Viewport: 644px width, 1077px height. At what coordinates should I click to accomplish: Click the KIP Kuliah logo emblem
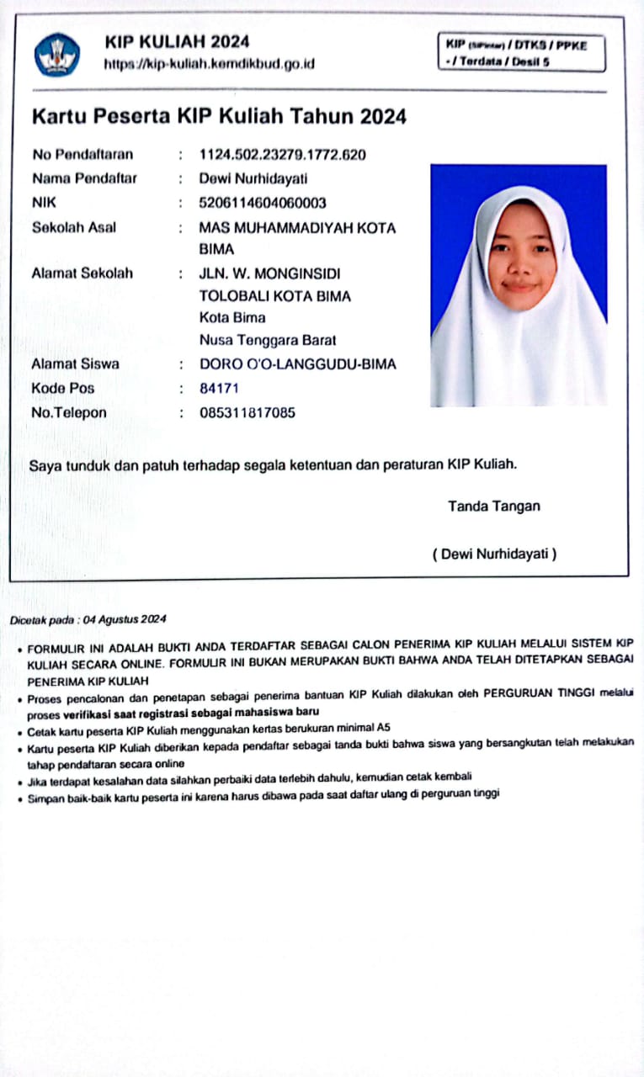click(57, 55)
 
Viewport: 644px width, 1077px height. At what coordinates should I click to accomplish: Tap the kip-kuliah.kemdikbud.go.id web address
click(209, 64)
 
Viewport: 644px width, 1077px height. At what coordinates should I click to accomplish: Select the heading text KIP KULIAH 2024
click(177, 41)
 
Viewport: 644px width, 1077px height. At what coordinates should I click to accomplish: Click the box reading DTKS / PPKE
click(521, 52)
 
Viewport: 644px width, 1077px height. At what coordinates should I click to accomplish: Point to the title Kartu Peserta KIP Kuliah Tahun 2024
click(219, 117)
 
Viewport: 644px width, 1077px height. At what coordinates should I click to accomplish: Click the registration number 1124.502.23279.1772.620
click(282, 154)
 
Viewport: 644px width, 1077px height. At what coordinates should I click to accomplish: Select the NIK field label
click(44, 203)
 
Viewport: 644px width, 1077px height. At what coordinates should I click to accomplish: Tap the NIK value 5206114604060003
click(263, 203)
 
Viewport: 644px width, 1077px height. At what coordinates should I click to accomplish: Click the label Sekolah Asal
click(74, 227)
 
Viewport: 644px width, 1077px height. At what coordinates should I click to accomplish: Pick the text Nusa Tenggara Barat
click(268, 340)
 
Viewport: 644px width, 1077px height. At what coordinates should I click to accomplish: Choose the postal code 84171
click(219, 389)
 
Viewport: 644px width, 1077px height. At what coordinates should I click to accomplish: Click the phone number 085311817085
click(247, 413)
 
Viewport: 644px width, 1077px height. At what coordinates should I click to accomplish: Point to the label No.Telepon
click(69, 413)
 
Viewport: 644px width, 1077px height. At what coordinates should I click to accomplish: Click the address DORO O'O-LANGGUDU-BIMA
click(297, 364)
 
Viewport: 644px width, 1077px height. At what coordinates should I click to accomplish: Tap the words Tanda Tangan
click(494, 506)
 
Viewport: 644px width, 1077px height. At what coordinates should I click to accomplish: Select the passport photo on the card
click(519, 285)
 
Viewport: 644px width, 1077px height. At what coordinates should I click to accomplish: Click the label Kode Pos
click(63, 389)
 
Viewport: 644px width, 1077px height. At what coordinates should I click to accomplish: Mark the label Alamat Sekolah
click(82, 273)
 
